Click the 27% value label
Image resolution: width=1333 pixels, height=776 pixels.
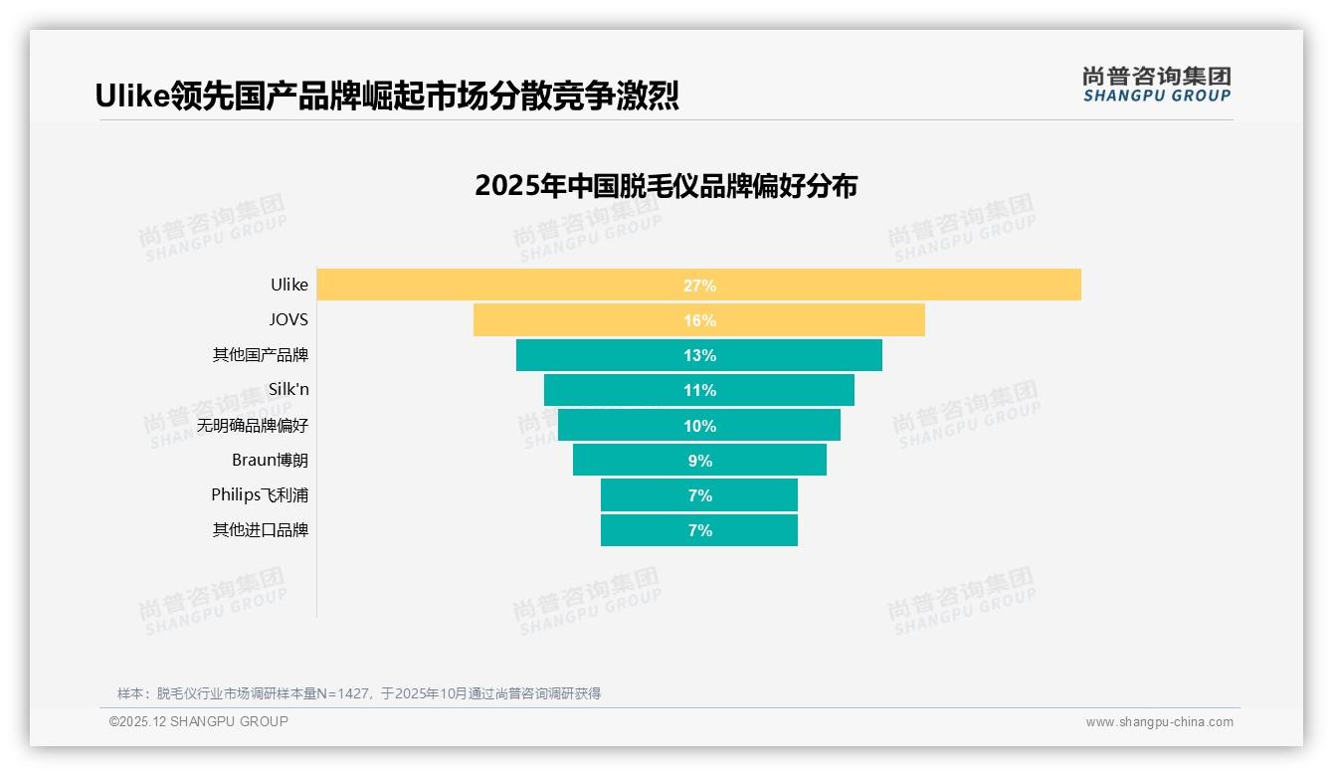click(x=699, y=286)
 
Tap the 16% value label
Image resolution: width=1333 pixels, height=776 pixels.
click(x=699, y=320)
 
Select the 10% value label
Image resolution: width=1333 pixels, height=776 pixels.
click(x=699, y=426)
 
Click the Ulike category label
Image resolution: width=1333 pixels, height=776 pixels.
click(x=289, y=285)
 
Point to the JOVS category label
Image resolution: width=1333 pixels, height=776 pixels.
click(x=288, y=320)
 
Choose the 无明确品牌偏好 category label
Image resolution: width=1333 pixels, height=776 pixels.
click(x=253, y=426)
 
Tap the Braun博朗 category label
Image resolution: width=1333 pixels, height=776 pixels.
click(x=270, y=461)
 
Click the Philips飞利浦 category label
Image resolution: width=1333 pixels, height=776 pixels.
click(x=260, y=495)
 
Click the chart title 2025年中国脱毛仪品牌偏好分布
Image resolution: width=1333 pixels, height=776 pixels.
click(x=666, y=186)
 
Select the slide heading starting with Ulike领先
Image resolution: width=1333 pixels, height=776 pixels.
click(x=387, y=96)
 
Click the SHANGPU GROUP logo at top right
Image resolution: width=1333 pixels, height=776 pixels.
click(x=1156, y=85)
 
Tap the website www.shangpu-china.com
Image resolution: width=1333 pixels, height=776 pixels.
click(x=1159, y=722)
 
